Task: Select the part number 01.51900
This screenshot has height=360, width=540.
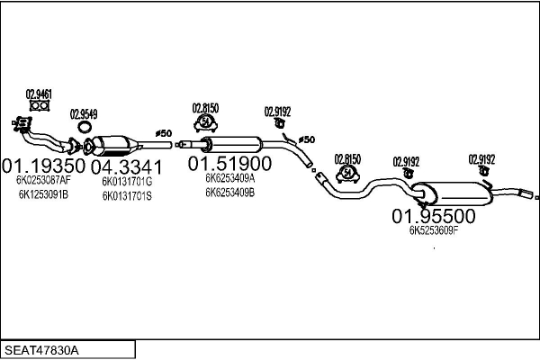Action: pos(229,164)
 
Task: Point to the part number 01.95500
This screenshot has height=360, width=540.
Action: pos(433,216)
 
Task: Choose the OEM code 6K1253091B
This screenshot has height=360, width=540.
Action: pos(42,194)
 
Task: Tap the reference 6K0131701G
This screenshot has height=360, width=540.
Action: pos(127,181)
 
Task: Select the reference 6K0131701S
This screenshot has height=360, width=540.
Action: pos(127,195)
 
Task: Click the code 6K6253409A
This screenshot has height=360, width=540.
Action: pos(229,177)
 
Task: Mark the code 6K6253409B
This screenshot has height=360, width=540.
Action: pos(229,192)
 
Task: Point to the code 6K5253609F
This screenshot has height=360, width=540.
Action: pos(434,230)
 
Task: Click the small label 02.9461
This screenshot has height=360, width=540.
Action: pos(38,94)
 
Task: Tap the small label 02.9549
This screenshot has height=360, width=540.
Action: pos(85,114)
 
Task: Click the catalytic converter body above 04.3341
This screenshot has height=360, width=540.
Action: pos(118,144)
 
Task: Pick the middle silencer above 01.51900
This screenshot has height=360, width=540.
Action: pos(229,143)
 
